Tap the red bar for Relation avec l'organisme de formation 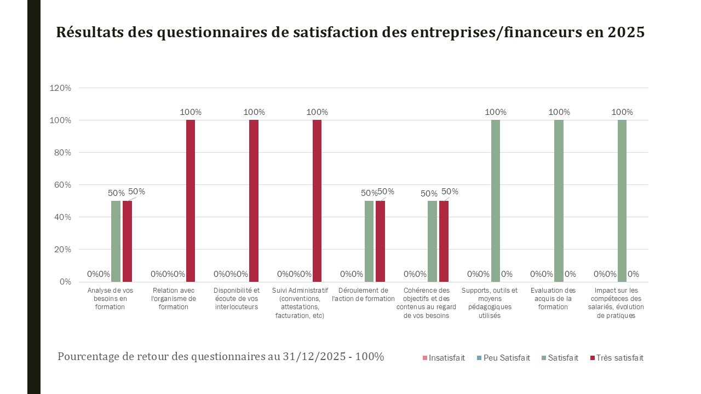click(191, 200)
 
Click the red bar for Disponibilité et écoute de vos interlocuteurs click(254, 200)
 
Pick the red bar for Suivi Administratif click(317, 200)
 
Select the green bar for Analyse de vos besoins click(116, 241)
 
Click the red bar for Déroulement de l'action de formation click(380, 241)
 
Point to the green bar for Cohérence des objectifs click(432, 241)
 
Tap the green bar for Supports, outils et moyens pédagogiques click(496, 200)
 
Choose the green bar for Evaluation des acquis click(559, 200)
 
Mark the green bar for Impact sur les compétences click(622, 200)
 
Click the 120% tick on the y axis click(60, 88)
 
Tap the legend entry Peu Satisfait click(507, 358)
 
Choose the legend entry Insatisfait click(446, 358)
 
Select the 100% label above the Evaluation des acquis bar click(559, 112)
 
